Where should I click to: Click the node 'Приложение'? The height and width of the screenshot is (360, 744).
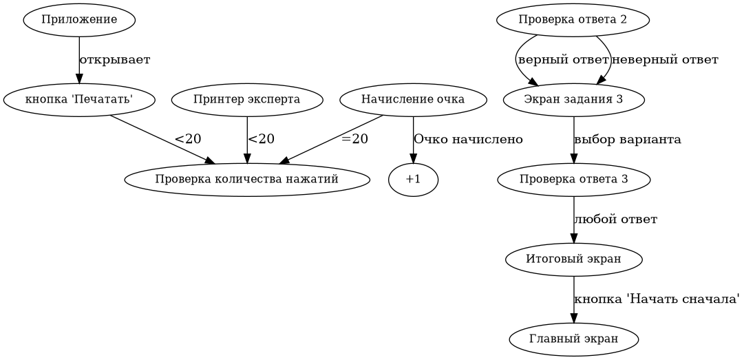78,20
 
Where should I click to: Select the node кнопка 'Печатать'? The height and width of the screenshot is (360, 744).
78,100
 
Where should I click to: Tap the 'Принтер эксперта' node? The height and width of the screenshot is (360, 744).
246,100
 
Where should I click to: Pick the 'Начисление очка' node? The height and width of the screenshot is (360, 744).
413,100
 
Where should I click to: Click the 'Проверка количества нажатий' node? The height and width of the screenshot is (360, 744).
246,180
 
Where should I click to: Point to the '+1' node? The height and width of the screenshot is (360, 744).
413,180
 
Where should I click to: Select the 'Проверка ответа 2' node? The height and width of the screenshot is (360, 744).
573,20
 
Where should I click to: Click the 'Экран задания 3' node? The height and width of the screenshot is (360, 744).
573,100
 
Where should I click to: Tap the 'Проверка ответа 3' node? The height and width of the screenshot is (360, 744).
573,180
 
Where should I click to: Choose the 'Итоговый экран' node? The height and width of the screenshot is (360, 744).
573,260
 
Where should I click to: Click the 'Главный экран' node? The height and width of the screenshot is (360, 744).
573,339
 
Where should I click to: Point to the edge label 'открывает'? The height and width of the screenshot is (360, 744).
115,60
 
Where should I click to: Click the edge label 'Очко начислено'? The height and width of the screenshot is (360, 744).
468,140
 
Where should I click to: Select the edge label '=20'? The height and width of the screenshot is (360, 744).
354,139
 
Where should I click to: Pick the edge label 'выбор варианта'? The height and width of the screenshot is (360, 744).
628,140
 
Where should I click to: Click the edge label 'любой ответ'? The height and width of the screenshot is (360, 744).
615,220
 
